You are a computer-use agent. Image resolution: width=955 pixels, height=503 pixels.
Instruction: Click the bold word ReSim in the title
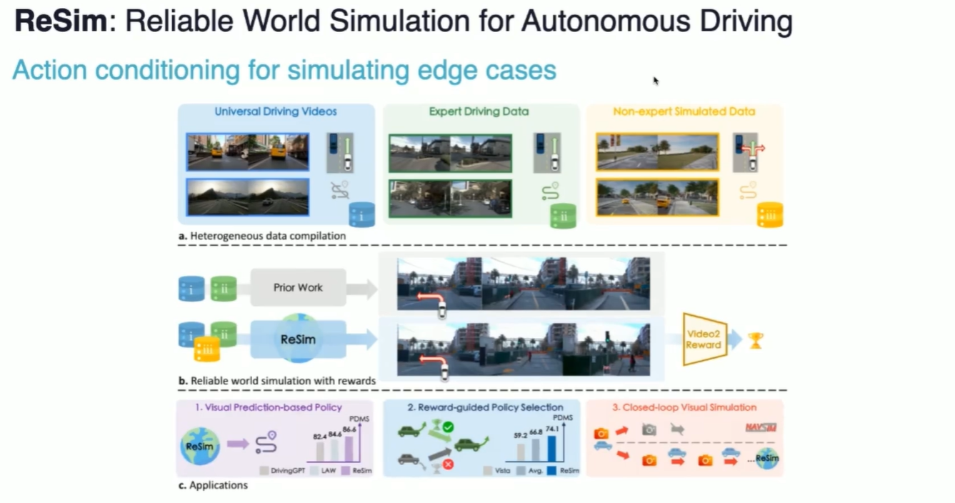click(x=61, y=21)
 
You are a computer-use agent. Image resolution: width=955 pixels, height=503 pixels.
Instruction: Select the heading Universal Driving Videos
click(x=276, y=111)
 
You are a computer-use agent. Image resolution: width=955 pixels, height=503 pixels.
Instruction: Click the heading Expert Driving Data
click(x=479, y=111)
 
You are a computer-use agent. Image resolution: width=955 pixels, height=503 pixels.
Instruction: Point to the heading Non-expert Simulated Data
click(x=684, y=111)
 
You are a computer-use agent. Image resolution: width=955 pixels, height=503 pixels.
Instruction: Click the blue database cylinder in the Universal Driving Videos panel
click(x=361, y=214)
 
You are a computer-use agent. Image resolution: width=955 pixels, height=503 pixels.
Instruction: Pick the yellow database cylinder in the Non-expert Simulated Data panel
click(x=770, y=214)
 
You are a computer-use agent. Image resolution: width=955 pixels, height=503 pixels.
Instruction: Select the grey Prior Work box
click(x=298, y=288)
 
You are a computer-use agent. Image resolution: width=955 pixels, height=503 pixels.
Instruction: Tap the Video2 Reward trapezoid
click(x=704, y=339)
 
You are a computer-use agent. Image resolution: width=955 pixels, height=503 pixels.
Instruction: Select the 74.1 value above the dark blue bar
click(x=551, y=428)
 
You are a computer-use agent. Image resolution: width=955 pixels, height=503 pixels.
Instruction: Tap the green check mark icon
click(x=448, y=427)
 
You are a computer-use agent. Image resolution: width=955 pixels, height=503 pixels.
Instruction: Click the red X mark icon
click(x=448, y=464)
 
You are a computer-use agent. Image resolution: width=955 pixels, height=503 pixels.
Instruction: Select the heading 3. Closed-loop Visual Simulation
click(x=684, y=407)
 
